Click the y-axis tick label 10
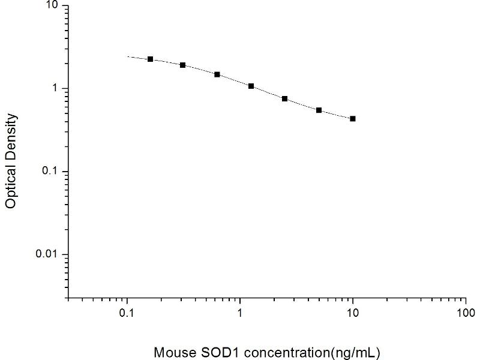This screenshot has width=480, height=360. pyautogui.click(x=52, y=6)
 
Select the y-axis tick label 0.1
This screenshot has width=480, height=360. pyautogui.click(x=50, y=172)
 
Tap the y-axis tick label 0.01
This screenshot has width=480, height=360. pyautogui.click(x=47, y=254)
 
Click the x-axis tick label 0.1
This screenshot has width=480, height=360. pyautogui.click(x=127, y=313)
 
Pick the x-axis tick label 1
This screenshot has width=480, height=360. pyautogui.click(x=240, y=313)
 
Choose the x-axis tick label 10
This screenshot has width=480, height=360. pyautogui.click(x=353, y=313)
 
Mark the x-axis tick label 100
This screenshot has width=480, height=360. pyautogui.click(x=466, y=313)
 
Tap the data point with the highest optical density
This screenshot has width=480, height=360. pyautogui.click(x=150, y=59)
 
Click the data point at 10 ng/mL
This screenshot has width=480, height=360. pyautogui.click(x=353, y=119)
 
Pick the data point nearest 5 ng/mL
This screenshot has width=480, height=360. pyautogui.click(x=319, y=110)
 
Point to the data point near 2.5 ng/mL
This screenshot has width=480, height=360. pyautogui.click(x=284, y=98)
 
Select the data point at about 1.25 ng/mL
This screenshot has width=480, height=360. pyautogui.click(x=251, y=86)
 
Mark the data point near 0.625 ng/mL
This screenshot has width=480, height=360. pyautogui.click(x=217, y=74)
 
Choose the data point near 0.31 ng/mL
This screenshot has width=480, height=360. pyautogui.click(x=182, y=65)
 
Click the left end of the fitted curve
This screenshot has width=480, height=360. pyautogui.click(x=127, y=57)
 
